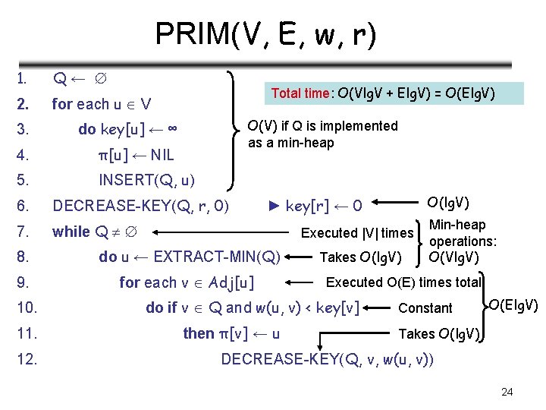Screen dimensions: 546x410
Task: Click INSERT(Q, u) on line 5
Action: pos(146,180)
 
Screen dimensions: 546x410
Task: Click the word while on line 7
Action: pos(71,232)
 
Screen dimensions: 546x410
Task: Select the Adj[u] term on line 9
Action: pos(231,283)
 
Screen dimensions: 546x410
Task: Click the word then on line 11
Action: pos(199,333)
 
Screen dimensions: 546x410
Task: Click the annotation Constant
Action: pos(425,308)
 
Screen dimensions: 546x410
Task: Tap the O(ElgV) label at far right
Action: pos(513,305)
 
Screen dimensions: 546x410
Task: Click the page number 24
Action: pos(507,392)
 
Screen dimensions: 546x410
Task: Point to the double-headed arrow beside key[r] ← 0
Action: pos(394,204)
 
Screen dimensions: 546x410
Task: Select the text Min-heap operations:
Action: pos(463,233)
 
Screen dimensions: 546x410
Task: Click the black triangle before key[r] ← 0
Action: pos(275,205)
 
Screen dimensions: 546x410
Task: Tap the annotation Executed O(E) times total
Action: pos(403,282)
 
